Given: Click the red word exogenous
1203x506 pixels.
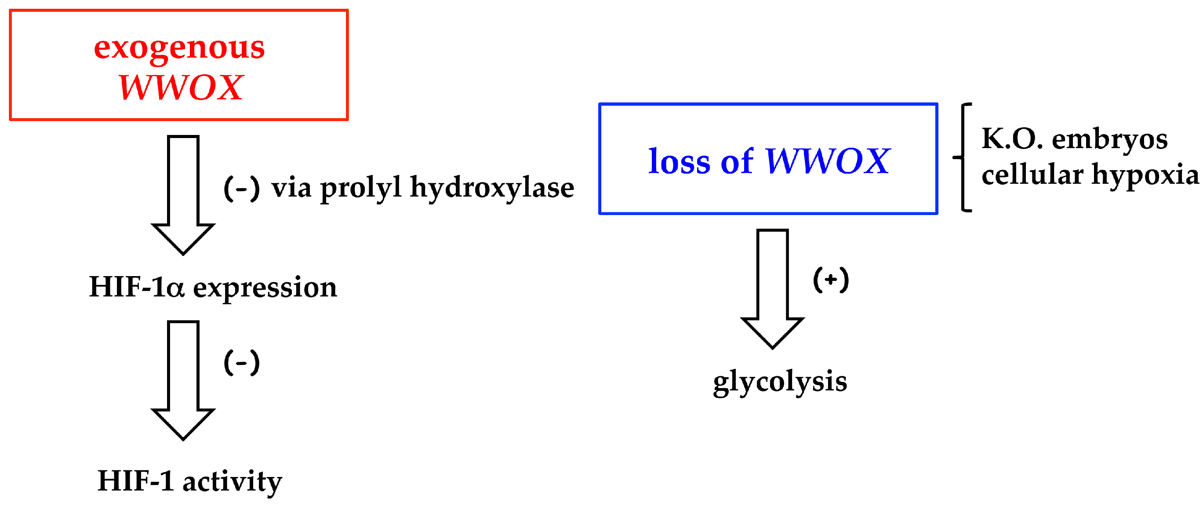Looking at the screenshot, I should click(x=179, y=47).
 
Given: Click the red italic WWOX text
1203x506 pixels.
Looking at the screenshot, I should click(x=180, y=87).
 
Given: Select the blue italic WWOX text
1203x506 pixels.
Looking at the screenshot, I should click(x=827, y=161).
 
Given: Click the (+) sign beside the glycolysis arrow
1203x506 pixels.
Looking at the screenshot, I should click(x=830, y=280).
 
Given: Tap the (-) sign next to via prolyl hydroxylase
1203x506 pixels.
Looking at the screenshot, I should click(x=241, y=188).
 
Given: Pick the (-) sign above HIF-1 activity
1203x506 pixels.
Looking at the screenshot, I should click(x=241, y=362).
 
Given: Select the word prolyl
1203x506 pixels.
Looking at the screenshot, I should click(x=360, y=188).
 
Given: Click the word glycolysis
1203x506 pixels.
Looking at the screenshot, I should click(x=779, y=382).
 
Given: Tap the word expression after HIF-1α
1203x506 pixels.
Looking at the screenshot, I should click(x=265, y=288).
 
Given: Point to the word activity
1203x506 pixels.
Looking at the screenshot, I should click(x=232, y=481).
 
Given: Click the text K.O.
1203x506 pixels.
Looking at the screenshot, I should click(x=1011, y=139).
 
